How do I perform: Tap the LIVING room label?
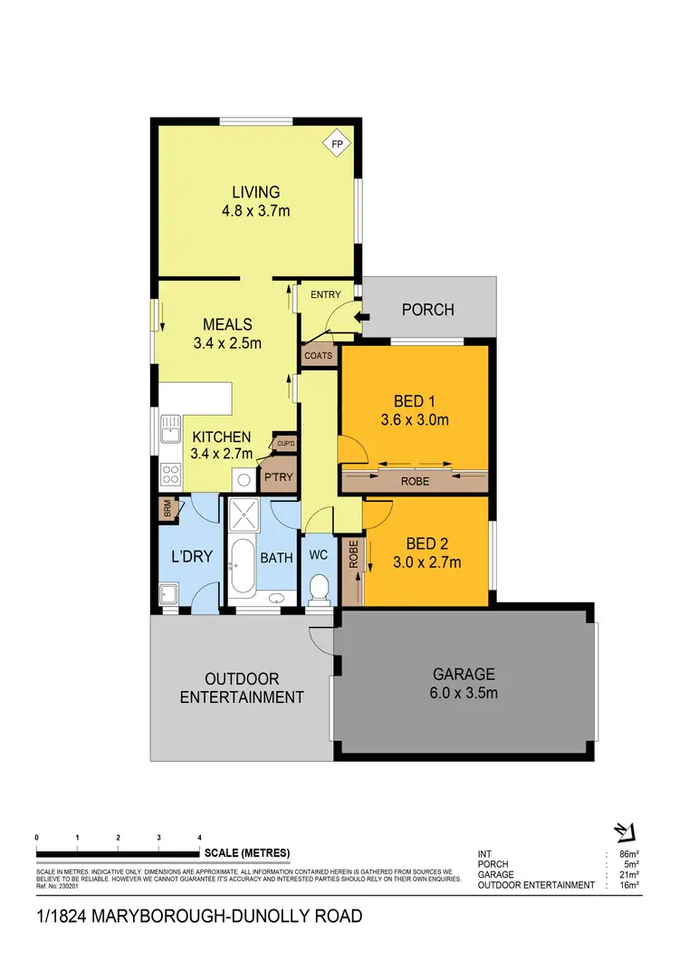click(x=255, y=192)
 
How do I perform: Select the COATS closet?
click(x=318, y=356)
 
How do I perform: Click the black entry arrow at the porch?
click(x=363, y=317)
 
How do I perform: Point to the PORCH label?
click(x=427, y=310)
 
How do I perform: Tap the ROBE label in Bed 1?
click(x=415, y=481)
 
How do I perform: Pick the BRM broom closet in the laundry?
click(x=167, y=510)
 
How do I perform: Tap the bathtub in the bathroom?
click(x=242, y=566)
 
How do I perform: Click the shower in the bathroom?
click(x=244, y=516)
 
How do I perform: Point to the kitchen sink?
click(x=168, y=434)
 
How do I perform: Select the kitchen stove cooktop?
click(x=168, y=473)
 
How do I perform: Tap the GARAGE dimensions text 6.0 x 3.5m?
click(x=463, y=694)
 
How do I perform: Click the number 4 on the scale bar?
click(x=199, y=837)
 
